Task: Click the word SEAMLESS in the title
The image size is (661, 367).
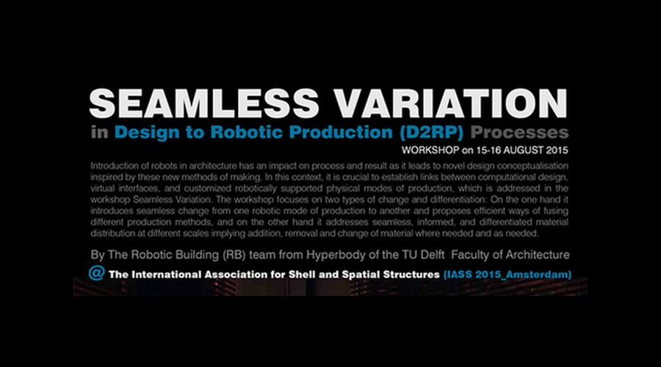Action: (x=204, y=103)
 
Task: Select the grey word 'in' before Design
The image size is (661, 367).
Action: (x=99, y=133)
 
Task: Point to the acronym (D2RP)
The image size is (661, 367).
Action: (x=431, y=133)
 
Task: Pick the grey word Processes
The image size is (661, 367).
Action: (x=519, y=133)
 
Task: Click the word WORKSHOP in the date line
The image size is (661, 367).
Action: (x=430, y=150)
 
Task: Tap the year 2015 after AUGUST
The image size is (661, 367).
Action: (x=557, y=150)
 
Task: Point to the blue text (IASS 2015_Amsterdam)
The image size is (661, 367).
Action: (x=508, y=275)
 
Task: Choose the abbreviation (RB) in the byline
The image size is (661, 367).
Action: (x=233, y=255)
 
